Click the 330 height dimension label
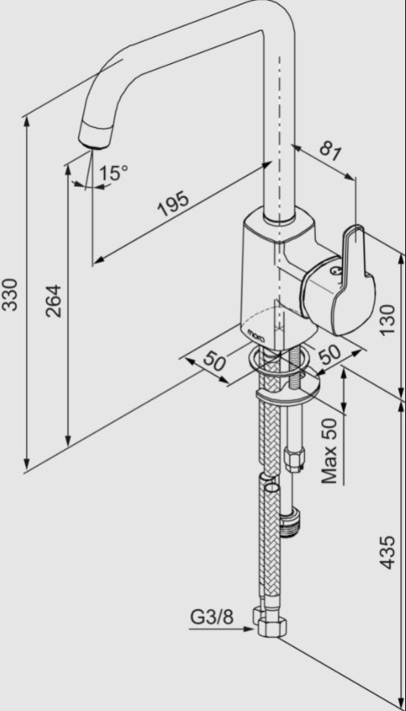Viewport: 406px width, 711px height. click(10, 295)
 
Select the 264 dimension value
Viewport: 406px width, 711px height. click(54, 301)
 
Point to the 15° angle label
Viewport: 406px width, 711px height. click(113, 173)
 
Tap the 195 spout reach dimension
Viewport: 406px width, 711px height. click(173, 205)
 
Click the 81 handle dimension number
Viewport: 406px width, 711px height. click(330, 152)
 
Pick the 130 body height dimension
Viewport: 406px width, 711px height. click(387, 320)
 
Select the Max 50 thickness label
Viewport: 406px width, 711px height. click(329, 451)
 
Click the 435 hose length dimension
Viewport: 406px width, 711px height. click(387, 552)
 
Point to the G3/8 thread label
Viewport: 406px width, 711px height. click(212, 617)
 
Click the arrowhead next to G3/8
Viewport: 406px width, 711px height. click(248, 629)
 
